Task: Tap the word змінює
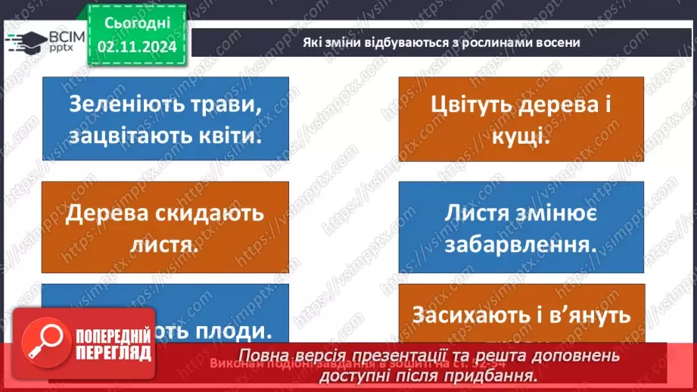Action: (558, 213)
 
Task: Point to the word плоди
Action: (235, 331)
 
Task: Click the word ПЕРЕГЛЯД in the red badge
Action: (114, 353)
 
